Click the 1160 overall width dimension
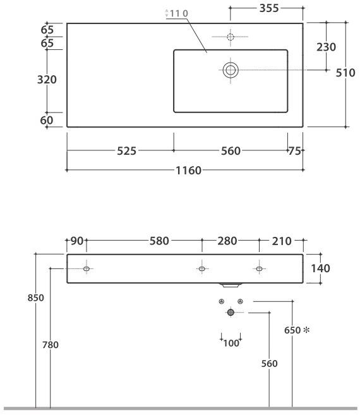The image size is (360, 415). pos(189,170)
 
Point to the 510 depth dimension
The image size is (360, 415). pos(345,73)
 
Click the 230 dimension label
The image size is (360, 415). pos(326,47)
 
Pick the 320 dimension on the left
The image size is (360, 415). pos(47,80)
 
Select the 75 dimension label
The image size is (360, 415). pos(293,151)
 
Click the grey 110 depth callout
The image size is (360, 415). pos(178,13)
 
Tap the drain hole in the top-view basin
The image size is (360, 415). pos(231,69)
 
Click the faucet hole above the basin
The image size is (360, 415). pos(230,37)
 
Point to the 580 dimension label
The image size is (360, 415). pos(159,241)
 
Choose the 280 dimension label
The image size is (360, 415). pos(227,241)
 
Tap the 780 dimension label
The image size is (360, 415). pos(50,345)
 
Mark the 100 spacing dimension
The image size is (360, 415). pos(231,343)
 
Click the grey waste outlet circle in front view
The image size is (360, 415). pos(231,312)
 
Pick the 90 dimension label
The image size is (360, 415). pos(77,241)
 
